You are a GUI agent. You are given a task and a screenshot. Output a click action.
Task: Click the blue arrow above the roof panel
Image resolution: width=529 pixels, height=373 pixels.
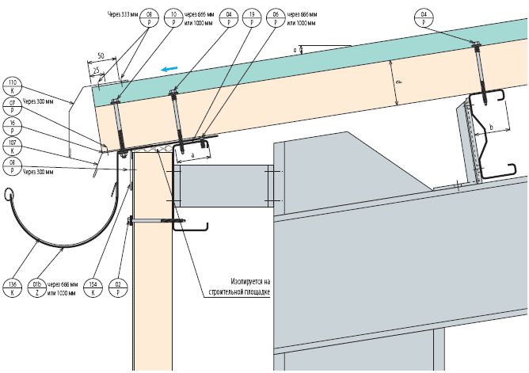coord(167,69)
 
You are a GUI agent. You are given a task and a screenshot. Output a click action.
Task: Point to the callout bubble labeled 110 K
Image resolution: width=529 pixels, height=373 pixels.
coord(11,86)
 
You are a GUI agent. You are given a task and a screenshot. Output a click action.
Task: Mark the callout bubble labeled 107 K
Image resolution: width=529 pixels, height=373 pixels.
coord(11,147)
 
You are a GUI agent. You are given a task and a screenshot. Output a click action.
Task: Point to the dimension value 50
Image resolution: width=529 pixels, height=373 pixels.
coord(101,55)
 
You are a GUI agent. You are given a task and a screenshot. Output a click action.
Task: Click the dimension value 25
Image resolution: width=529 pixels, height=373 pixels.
coord(96,70)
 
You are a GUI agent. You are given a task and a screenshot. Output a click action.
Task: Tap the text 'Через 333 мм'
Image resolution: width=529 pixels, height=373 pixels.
coord(120,14)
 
